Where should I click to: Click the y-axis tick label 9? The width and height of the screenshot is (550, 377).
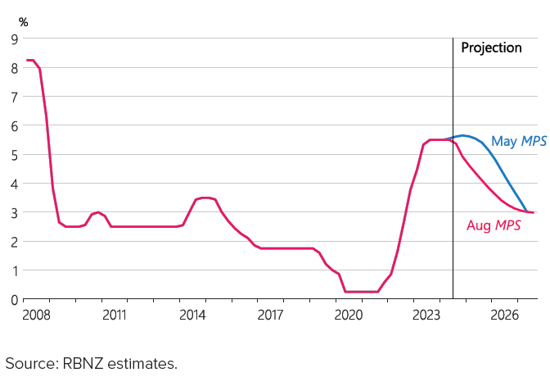point(15,39)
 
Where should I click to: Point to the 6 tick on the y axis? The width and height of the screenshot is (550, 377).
point(15,125)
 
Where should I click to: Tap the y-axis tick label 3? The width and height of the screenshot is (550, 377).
point(15,212)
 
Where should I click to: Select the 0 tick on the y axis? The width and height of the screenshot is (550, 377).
point(15,299)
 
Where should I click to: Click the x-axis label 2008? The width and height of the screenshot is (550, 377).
point(36,315)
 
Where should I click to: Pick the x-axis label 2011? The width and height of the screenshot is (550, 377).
point(115,315)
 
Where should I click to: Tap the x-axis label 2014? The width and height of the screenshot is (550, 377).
point(192,315)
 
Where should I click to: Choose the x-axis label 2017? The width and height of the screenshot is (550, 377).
point(270,315)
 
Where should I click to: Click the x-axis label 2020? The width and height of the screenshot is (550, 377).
point(349,315)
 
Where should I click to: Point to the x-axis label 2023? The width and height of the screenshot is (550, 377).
point(426,315)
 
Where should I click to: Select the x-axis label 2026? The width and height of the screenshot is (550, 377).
point(504,315)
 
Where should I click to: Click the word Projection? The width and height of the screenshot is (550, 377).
point(491,48)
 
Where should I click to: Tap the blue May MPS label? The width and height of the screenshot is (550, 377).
point(518,142)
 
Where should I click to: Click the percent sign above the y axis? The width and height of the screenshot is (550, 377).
point(23,21)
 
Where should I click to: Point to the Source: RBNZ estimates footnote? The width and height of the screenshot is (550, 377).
point(91,361)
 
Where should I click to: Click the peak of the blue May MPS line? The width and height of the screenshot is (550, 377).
point(463,135)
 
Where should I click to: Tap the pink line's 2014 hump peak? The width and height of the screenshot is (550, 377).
point(205,198)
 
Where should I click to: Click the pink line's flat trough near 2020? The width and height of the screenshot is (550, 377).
point(361,292)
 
